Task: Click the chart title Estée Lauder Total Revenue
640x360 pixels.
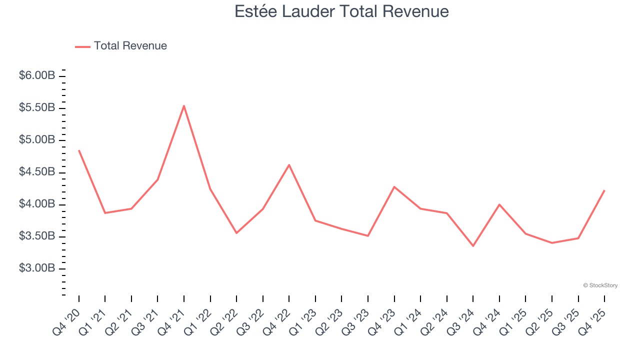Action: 341,11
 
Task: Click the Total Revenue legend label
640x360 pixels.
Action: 130,46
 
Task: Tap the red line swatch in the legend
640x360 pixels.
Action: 82,46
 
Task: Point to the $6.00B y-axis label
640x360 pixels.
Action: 37,75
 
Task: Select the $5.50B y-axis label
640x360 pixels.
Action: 37,108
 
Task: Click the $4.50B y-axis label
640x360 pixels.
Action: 37,172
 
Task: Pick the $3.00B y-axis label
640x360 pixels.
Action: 37,268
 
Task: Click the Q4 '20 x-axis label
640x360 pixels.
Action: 67,321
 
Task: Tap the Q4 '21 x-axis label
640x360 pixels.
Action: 172,321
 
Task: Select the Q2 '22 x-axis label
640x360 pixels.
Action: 224,321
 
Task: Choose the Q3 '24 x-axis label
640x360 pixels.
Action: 461,321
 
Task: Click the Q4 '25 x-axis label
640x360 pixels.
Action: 592,321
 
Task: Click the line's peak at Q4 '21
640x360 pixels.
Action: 184,105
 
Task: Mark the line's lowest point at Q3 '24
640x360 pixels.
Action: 473,246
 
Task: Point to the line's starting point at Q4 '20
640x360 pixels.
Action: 79,150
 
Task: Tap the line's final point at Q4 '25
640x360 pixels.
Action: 604,190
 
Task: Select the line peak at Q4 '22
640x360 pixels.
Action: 289,164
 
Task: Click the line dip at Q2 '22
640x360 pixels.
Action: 236,233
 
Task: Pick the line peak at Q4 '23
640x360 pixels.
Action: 394,186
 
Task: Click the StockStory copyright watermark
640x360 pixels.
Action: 600,285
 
